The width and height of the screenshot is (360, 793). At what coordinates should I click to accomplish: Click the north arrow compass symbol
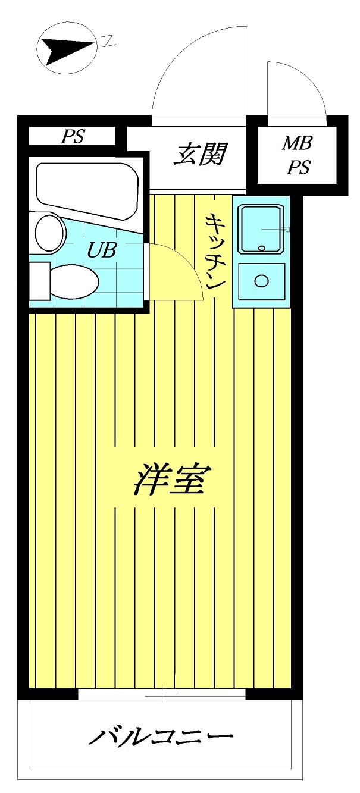point(66,48)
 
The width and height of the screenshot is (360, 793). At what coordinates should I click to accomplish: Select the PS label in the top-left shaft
point(72,137)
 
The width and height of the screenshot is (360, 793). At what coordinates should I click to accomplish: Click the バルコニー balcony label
point(161,738)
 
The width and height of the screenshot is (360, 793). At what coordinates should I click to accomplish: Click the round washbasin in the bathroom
point(49,233)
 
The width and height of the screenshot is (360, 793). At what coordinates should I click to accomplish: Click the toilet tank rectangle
point(39,281)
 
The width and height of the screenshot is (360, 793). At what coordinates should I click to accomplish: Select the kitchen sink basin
point(261,228)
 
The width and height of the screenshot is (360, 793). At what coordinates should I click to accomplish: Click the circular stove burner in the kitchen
point(261,280)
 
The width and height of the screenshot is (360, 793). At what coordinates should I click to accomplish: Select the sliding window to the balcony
point(162,694)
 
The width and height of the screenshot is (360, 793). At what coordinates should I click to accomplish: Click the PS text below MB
point(299,168)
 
